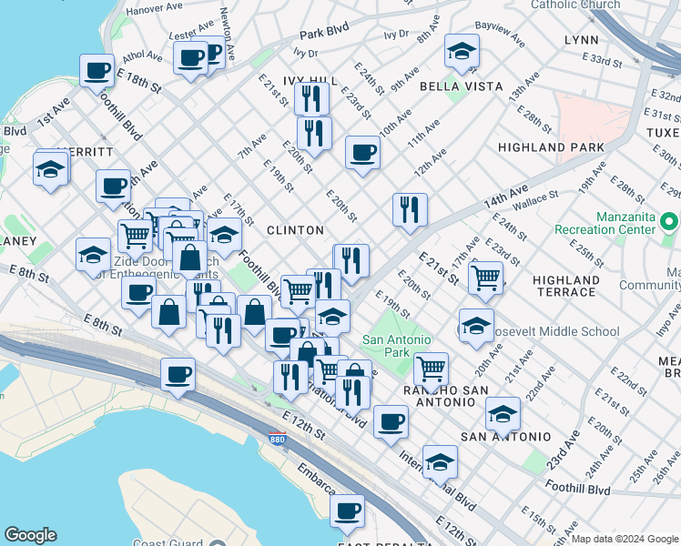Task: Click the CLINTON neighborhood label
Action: pyautogui.click(x=295, y=230)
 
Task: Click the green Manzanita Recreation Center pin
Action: pyautogui.click(x=670, y=222)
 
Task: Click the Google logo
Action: pyautogui.click(x=30, y=535)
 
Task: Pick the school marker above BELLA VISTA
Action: pyautogui.click(x=462, y=52)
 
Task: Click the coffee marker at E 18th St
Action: pyautogui.click(x=97, y=69)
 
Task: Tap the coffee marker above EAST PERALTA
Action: pyautogui.click(x=347, y=511)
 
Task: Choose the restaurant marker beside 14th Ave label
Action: pyautogui.click(x=410, y=209)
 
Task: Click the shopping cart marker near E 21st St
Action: pyautogui.click(x=486, y=277)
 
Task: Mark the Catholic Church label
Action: pyautogui.click(x=574, y=5)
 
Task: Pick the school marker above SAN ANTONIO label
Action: pyautogui.click(x=503, y=413)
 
